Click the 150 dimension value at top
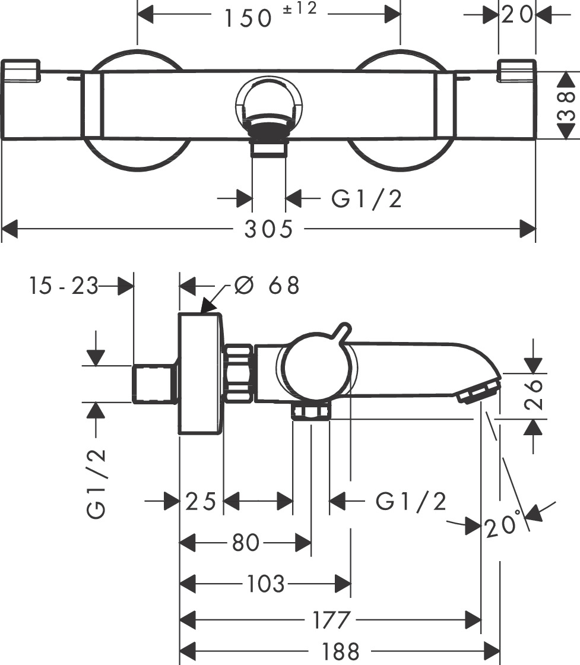point(248,18)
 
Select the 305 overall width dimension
point(269,229)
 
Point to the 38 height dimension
point(567,106)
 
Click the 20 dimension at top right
point(517,15)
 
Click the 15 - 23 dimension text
point(62,286)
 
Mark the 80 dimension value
point(246,542)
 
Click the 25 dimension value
point(200,502)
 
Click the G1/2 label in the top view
point(366,199)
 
